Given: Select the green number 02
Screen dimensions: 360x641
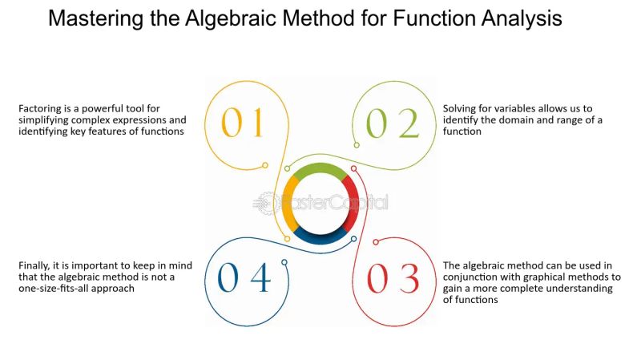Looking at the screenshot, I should tap(393, 124).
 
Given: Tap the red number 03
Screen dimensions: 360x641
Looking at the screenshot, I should tap(393, 278).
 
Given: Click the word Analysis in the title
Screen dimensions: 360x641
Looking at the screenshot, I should tap(517, 18).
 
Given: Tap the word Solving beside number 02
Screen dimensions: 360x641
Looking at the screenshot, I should tap(460, 108).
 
